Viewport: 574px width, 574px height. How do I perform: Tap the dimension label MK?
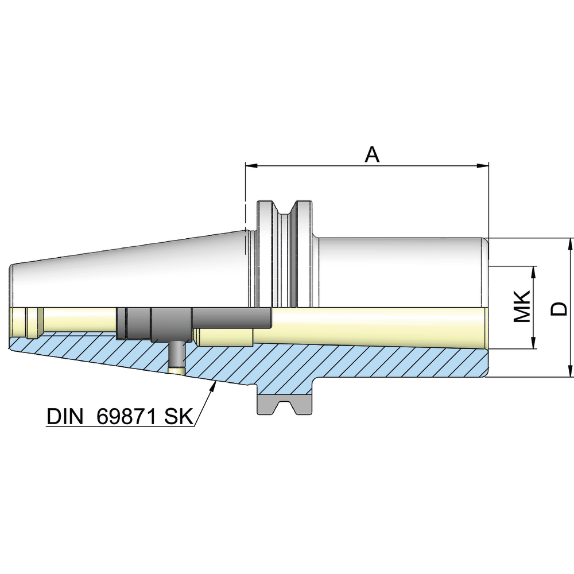(x=521, y=307)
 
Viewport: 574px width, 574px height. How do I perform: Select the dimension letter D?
(x=559, y=308)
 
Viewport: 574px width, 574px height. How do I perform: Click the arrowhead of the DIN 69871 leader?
(x=214, y=385)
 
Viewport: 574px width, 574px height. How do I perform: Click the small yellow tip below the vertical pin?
(x=177, y=370)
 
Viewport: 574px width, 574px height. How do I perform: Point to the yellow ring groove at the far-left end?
(x=33, y=323)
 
